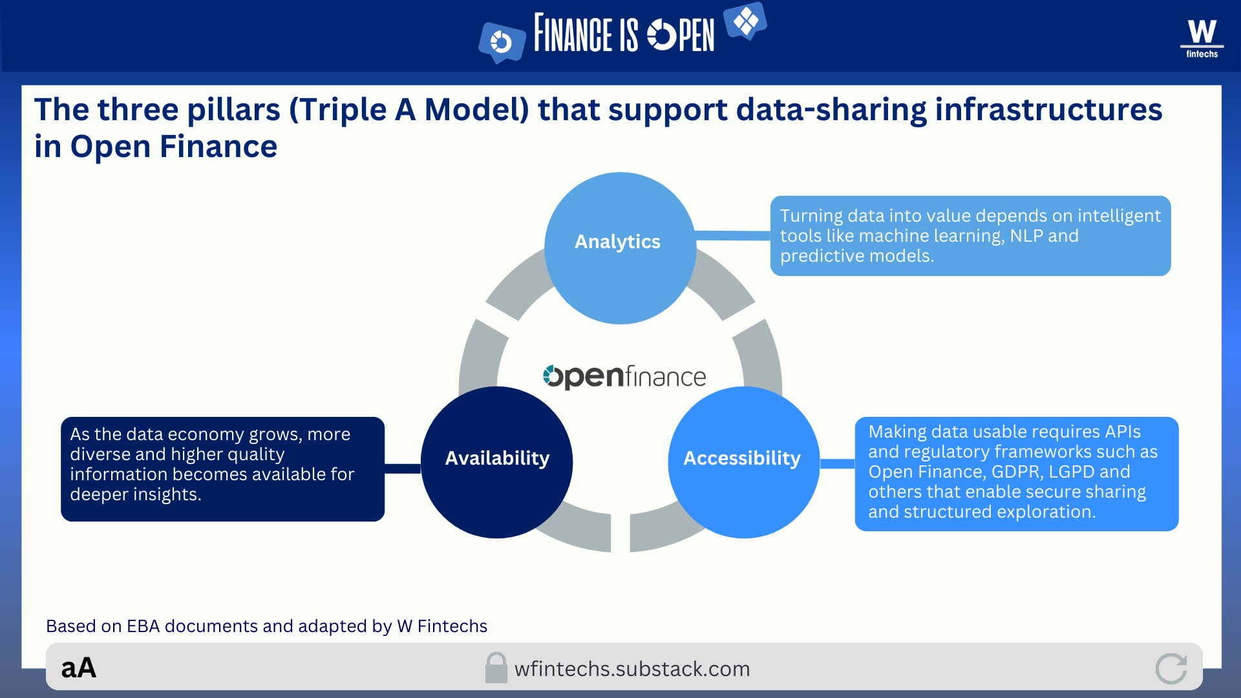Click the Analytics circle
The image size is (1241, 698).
(619, 248)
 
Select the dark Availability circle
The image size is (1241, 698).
(496, 461)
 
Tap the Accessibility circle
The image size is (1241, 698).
(743, 461)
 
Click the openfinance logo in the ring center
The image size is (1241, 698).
(624, 376)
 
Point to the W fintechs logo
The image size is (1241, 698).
(1202, 38)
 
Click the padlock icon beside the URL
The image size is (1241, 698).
(496, 668)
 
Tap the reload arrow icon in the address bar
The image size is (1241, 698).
(1171, 668)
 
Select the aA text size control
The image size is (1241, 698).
(79, 668)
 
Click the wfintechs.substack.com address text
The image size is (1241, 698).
(632, 669)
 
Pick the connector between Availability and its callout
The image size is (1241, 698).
(402, 469)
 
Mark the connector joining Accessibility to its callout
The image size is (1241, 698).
(838, 463)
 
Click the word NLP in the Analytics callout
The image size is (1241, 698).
(1026, 236)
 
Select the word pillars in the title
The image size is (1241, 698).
(233, 109)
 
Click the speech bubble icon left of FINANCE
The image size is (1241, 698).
(502, 43)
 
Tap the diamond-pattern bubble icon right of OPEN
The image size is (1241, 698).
(745, 21)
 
